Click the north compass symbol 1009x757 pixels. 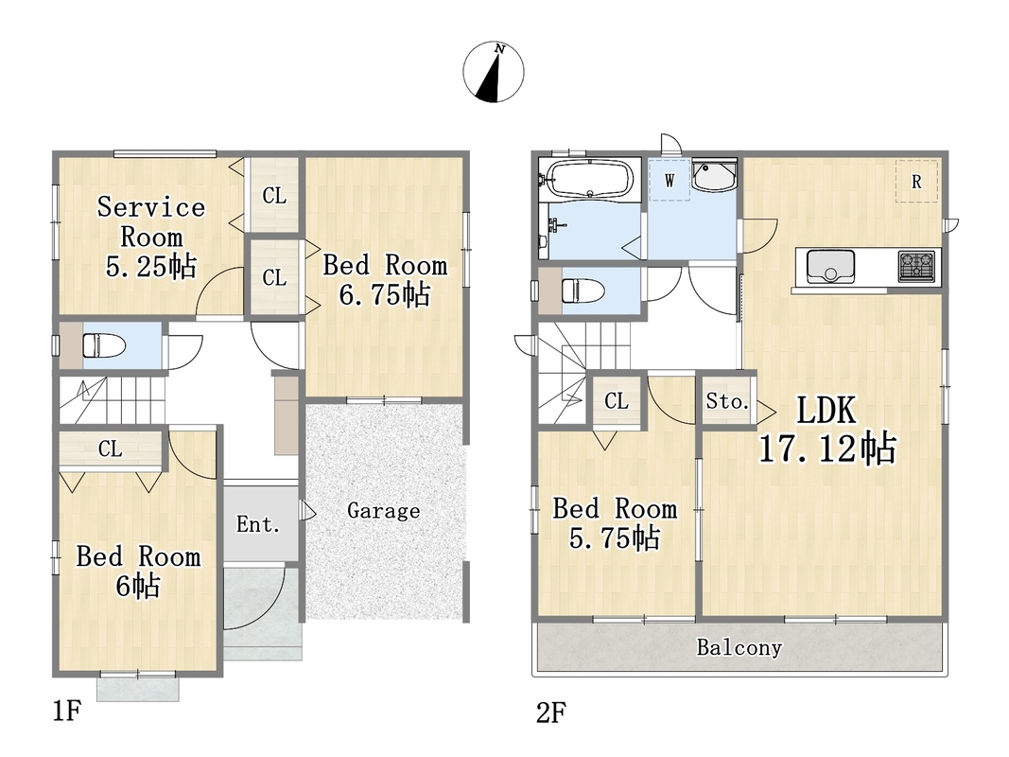[x=494, y=72]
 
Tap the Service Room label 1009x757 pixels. [x=151, y=222]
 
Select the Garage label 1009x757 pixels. [x=384, y=511]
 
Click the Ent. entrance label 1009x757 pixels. [x=258, y=524]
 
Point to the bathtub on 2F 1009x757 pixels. [x=589, y=178]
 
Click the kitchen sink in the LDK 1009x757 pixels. [x=831, y=266]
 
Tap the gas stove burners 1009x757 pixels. [x=916, y=266]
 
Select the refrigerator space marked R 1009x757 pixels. [x=916, y=182]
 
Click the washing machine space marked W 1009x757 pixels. [x=670, y=180]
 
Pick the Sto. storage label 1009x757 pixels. [x=728, y=401]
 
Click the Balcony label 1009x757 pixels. [x=739, y=647]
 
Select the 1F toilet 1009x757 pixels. [x=103, y=345]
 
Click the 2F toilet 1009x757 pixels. [x=583, y=290]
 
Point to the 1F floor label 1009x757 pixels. [x=67, y=712]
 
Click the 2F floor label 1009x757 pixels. [x=550, y=713]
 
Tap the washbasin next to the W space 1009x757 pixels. [x=714, y=176]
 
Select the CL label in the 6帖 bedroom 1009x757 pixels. [x=111, y=449]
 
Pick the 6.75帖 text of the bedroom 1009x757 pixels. [x=384, y=295]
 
